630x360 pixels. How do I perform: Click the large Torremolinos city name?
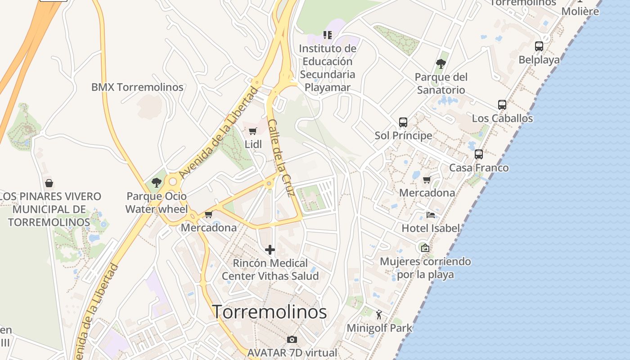coord(269,312)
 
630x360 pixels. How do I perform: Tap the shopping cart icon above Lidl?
coord(253,131)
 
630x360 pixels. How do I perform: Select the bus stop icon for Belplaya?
coord(539,46)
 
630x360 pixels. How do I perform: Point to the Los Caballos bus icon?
coord(502,105)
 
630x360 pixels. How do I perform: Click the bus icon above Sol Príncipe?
coord(403,122)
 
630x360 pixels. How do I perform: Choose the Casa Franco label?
coord(479,168)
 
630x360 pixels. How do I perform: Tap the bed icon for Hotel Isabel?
coord(431,215)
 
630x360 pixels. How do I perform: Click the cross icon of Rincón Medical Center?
coord(270,250)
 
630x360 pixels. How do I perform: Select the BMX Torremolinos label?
coord(137,87)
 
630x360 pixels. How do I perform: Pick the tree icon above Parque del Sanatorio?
coord(441,64)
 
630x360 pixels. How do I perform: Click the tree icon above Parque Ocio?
coord(157,183)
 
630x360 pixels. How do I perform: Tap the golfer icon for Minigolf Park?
coord(379,315)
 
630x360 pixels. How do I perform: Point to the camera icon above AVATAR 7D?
coord(292,339)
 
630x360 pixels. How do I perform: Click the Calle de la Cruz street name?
coord(281,157)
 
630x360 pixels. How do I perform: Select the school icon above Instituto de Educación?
coord(328,35)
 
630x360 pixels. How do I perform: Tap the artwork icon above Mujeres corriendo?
coord(425,247)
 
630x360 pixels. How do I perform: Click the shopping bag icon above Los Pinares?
coord(49,183)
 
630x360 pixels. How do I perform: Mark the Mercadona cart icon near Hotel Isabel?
coord(427,180)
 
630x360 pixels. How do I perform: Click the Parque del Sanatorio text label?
coord(441,83)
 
